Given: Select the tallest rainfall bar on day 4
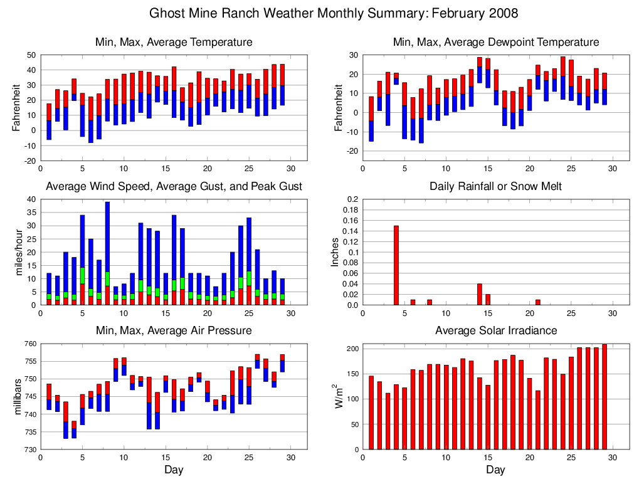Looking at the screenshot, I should (x=396, y=265).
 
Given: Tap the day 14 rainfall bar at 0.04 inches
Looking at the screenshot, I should (x=480, y=295).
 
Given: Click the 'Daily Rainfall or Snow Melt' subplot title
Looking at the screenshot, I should (x=495, y=186).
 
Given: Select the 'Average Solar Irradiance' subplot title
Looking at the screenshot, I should (x=495, y=330).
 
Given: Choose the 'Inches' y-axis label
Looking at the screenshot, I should (x=335, y=252).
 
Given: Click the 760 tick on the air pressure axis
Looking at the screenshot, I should (x=29, y=344).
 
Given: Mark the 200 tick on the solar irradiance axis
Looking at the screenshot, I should (x=352, y=349).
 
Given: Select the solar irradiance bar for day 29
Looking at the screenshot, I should (x=604, y=397).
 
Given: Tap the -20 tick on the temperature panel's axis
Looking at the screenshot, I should (x=29, y=160).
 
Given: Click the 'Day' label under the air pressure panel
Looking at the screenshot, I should (x=174, y=470).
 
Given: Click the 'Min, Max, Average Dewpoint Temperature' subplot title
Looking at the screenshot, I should (x=495, y=42).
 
